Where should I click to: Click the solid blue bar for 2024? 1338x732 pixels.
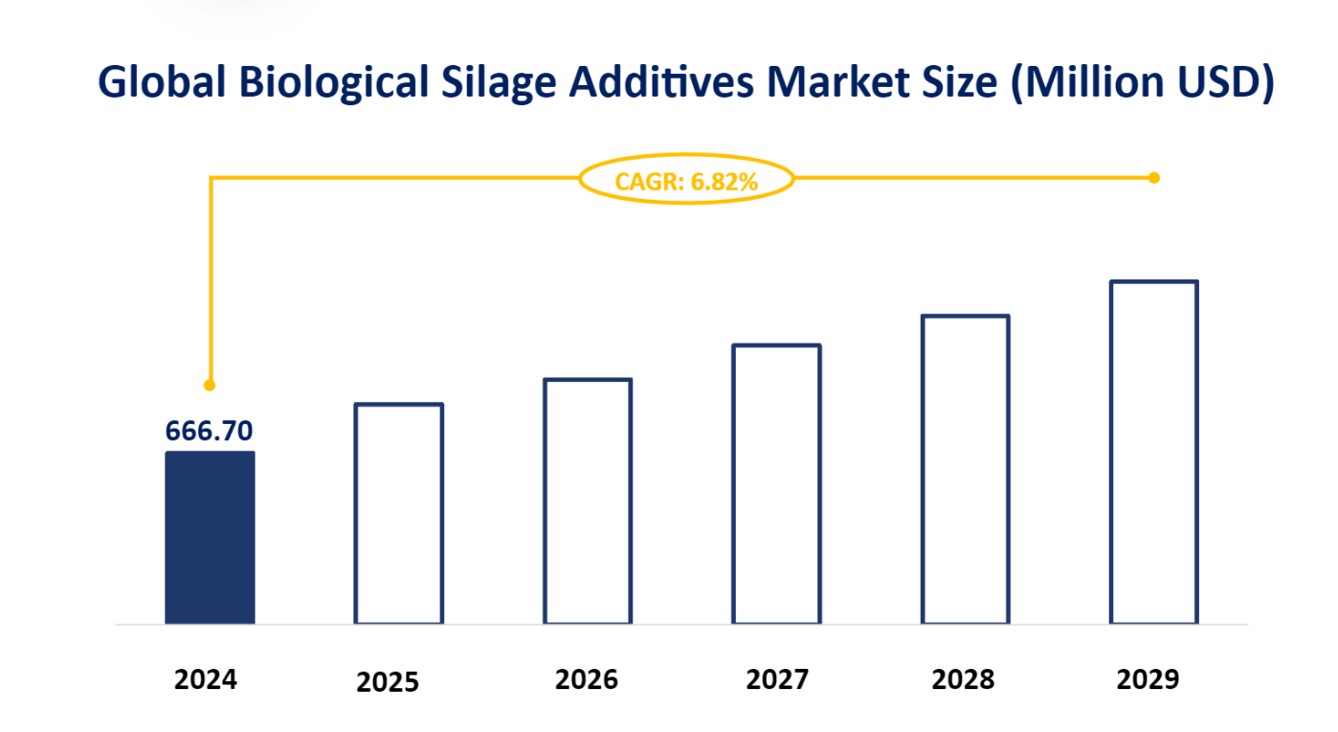pyautogui.click(x=210, y=538)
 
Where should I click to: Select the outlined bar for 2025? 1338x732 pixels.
pyautogui.click(x=398, y=514)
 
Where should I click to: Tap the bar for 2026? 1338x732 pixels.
pyautogui.click(x=587, y=501)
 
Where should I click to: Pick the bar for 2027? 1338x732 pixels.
pyautogui.click(x=776, y=484)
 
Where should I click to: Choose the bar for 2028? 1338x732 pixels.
pyautogui.click(x=965, y=470)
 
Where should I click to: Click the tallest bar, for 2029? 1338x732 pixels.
pyautogui.click(x=1153, y=453)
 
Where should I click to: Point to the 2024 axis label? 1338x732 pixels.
pyautogui.click(x=206, y=679)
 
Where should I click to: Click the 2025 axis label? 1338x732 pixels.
pyautogui.click(x=388, y=682)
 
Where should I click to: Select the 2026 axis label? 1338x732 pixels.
pyautogui.click(x=586, y=679)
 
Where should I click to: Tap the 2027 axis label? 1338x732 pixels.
pyautogui.click(x=777, y=679)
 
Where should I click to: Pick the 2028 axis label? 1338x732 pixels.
pyautogui.click(x=963, y=679)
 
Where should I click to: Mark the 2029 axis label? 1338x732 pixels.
pyautogui.click(x=1148, y=679)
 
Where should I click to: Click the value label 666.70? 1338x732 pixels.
pyautogui.click(x=210, y=432)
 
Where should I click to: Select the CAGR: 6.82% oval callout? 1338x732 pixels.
pyautogui.click(x=686, y=179)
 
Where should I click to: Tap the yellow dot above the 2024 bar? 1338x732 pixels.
pyautogui.click(x=210, y=386)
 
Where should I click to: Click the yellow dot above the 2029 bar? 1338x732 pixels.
pyautogui.click(x=1153, y=178)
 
